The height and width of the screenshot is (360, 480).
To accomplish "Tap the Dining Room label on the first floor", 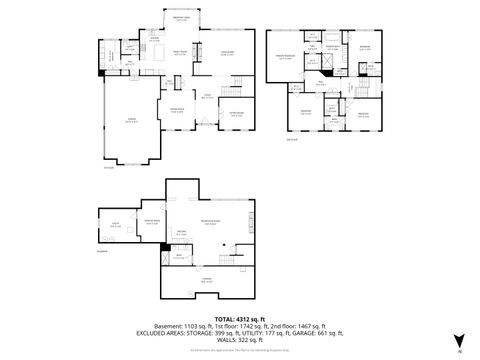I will pos(176,110).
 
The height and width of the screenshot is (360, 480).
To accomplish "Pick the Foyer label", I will pos(207,96).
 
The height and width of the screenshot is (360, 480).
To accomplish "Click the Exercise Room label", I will pos(153,222).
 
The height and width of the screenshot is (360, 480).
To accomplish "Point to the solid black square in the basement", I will pos(163,244).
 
